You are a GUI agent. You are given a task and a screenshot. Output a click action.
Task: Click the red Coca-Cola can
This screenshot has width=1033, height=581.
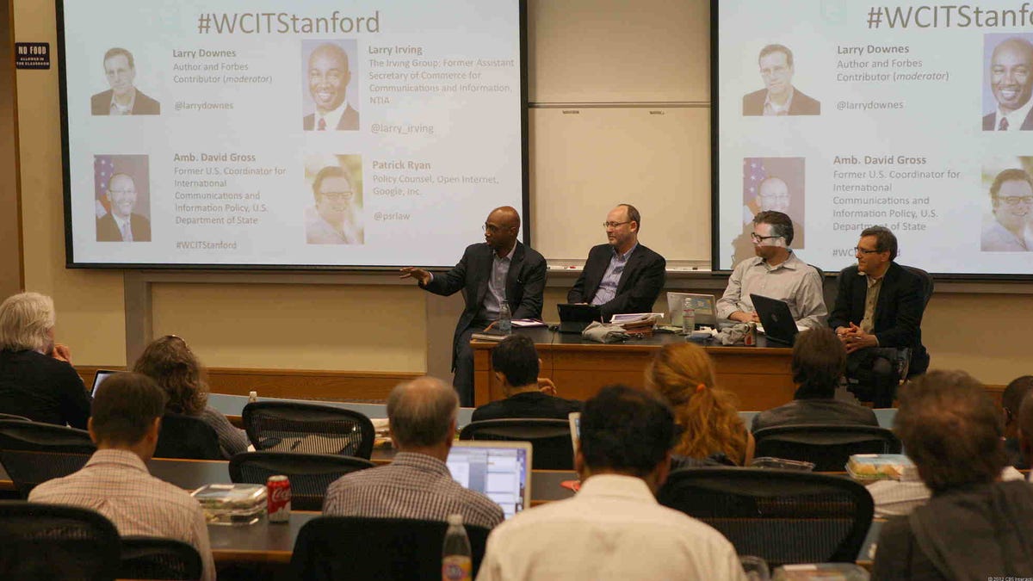pyautogui.click(x=278, y=498)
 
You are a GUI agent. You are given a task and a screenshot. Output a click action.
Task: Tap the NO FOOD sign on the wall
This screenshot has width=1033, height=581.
pyautogui.click(x=32, y=56)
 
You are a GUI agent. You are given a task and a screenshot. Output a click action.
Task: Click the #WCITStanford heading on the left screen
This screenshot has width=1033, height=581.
pyautogui.click(x=288, y=22)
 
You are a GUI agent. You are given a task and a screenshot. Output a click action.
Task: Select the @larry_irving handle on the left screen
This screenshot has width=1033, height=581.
pyautogui.click(x=402, y=128)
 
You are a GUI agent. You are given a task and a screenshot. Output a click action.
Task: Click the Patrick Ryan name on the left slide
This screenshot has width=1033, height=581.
pyautogui.click(x=401, y=165)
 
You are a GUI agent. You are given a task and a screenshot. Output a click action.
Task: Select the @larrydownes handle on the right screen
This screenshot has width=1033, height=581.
pyautogui.click(x=869, y=105)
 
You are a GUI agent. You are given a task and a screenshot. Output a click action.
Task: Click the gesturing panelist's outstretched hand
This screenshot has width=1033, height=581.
pyautogui.click(x=414, y=274)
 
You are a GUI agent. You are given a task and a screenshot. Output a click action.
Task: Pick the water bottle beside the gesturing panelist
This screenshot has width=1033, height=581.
pyautogui.click(x=504, y=318)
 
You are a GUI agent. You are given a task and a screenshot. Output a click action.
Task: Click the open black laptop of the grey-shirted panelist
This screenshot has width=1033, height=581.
pyautogui.click(x=773, y=318)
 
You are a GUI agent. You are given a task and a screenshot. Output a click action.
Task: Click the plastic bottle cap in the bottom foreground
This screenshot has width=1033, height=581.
pyautogui.click(x=455, y=522)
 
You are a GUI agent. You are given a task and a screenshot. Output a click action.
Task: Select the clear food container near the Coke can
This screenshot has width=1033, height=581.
pyautogui.click(x=228, y=503)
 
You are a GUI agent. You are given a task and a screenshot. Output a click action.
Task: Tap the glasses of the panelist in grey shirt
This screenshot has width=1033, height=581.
pyautogui.click(x=764, y=237)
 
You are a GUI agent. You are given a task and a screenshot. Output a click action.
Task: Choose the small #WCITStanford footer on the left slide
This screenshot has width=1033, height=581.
pyautogui.click(x=206, y=245)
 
